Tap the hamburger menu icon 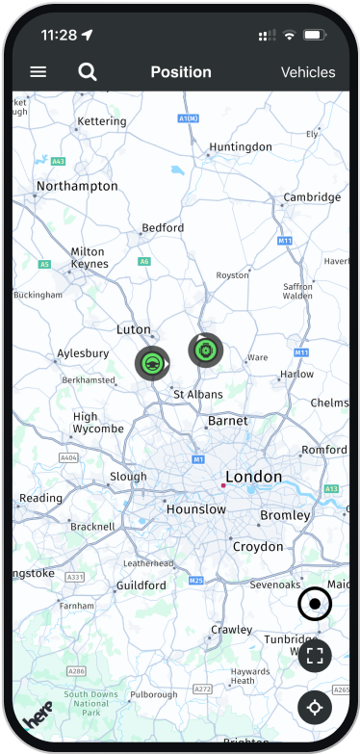pos(39,72)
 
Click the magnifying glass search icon pos(88,72)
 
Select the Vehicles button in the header pos(307,72)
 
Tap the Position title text pos(181,72)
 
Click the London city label pos(253,477)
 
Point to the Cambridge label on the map pos(312,197)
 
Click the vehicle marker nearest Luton pos(151,363)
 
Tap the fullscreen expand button pos(315,656)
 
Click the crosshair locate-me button pos(315,708)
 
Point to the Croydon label pos(258,546)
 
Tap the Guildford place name pos(141,585)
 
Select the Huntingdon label pos(240,146)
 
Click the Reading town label pos(41,498)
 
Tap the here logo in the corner pos(39,717)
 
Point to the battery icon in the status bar pos(314,35)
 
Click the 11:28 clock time pos(59,35)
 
